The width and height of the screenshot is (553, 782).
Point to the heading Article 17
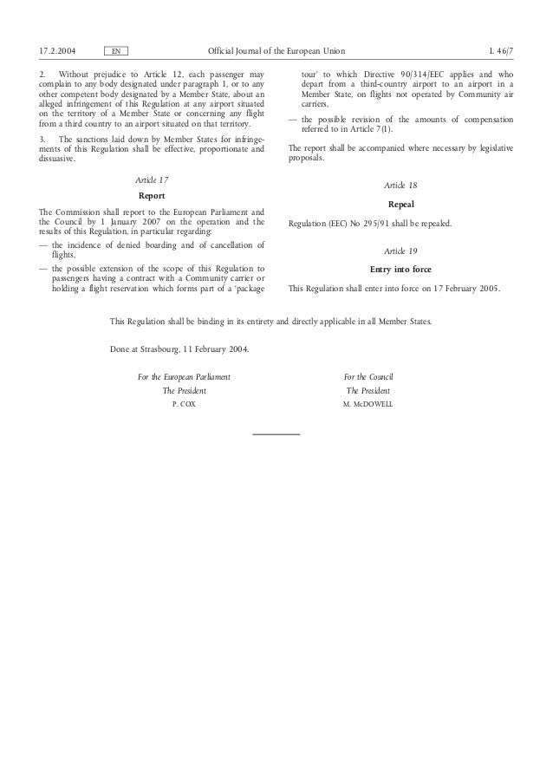pyautogui.click(x=153, y=179)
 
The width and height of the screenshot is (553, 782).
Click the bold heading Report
pyautogui.click(x=153, y=196)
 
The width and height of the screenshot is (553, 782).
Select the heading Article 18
pyautogui.click(x=400, y=186)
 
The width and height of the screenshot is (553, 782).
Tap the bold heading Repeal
pyautogui.click(x=400, y=204)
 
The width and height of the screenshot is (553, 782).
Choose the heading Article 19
pyautogui.click(x=400, y=251)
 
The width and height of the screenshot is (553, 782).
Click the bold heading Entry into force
pyautogui.click(x=400, y=270)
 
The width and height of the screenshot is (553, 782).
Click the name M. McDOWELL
pyautogui.click(x=368, y=405)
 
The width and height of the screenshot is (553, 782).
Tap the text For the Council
pyautogui.click(x=368, y=377)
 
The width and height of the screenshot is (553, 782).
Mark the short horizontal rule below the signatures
pyautogui.click(x=276, y=433)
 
